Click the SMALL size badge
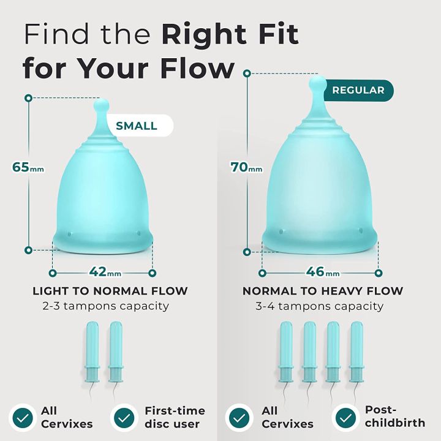tap(136, 126)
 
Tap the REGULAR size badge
tap(358, 90)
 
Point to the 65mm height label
tap(25, 167)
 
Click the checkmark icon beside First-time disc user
tap(124, 417)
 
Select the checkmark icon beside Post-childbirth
tap(345, 417)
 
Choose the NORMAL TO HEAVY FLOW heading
tap(323, 291)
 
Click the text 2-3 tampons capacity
tap(102, 306)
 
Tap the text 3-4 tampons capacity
tap(320, 306)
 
